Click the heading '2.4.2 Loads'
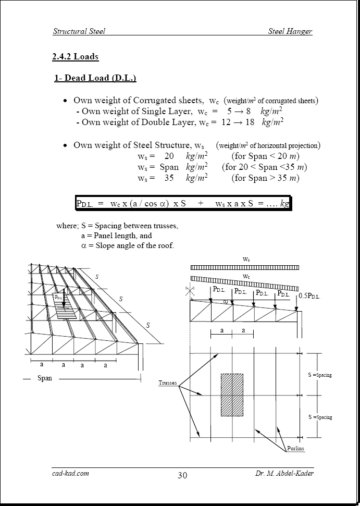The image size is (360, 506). coord(75,56)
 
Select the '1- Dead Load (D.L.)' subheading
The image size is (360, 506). coord(95,78)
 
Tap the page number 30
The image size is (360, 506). coord(182,475)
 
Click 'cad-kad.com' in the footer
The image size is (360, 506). coord(70,473)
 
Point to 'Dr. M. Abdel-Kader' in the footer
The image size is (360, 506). coord(284,473)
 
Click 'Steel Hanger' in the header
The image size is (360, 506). coord(290,31)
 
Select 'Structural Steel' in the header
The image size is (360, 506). coord(79,31)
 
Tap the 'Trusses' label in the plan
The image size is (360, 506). coord(168,383)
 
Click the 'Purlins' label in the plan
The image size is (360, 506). coord(295,448)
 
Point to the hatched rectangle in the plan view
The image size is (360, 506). coord(232,394)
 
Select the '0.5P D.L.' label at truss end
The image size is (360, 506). coord(309,296)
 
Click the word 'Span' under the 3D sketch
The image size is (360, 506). coord(45,378)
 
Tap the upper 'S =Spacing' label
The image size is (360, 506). coord(320,375)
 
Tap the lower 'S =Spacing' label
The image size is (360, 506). coord(320,417)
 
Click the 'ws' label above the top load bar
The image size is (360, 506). coord(245,258)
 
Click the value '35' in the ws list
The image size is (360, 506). coord(169,178)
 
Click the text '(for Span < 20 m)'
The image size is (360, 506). coord(266,156)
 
